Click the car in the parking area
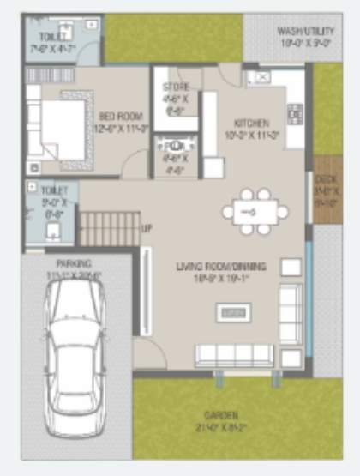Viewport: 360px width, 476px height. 76,360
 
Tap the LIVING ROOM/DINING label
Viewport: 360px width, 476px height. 221,266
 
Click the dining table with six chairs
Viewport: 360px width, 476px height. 254,211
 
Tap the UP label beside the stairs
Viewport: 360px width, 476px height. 147,229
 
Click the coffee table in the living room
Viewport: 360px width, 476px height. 233,313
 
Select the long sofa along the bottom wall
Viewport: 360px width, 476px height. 233,354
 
